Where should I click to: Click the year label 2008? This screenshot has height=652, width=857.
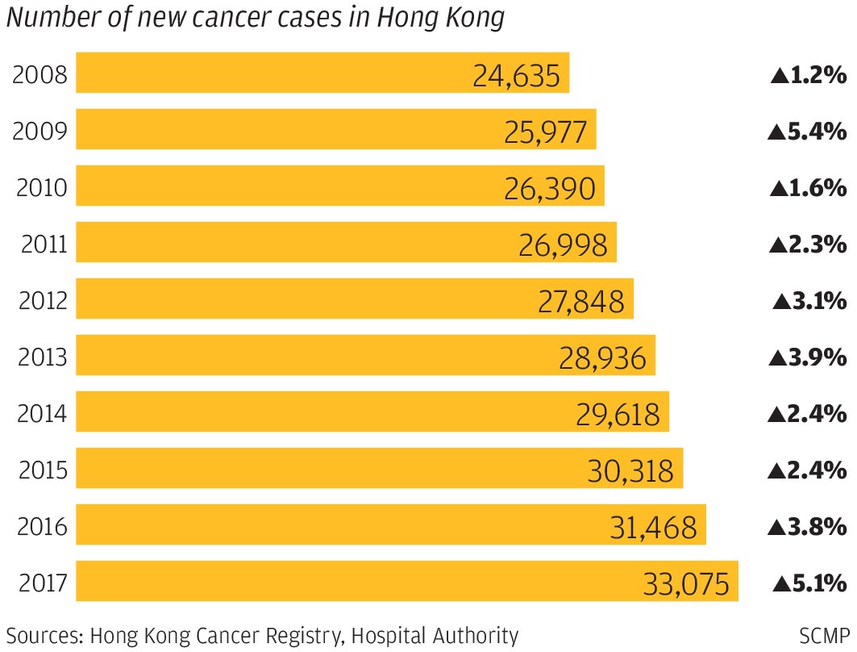(x=40, y=77)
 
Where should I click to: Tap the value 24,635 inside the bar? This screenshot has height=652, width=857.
(x=515, y=77)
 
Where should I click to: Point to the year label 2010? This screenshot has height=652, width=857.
(x=40, y=189)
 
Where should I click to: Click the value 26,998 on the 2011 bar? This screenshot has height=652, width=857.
(x=562, y=245)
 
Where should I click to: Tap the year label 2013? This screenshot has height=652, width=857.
(x=40, y=358)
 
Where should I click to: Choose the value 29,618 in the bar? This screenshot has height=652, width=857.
(x=617, y=415)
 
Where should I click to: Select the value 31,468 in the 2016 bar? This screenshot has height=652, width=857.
(x=653, y=528)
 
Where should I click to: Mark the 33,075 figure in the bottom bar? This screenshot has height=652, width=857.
(x=686, y=583)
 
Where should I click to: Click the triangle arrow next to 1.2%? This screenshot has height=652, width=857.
(x=779, y=77)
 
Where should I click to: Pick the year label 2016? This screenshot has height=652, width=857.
(x=40, y=528)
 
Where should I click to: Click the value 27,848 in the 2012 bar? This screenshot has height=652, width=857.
(x=580, y=301)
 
